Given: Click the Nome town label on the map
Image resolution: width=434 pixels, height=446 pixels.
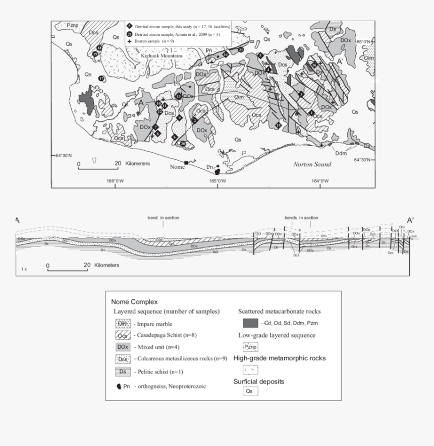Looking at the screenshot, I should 177,167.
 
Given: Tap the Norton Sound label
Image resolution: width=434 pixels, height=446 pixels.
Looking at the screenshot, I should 312,164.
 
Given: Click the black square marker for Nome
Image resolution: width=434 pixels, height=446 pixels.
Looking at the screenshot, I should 187,162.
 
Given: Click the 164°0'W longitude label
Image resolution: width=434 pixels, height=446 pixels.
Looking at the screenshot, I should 319,181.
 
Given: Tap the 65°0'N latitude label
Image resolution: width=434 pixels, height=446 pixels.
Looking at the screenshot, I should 363,41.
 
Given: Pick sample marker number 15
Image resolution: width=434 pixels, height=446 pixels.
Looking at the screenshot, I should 279,124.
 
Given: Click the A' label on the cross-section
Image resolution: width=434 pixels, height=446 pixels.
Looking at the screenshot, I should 411,220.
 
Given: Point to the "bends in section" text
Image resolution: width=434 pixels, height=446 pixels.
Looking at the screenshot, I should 301,218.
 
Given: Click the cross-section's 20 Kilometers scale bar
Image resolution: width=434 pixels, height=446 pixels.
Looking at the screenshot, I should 67,269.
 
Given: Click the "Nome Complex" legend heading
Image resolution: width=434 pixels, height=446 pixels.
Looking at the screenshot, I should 134,302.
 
